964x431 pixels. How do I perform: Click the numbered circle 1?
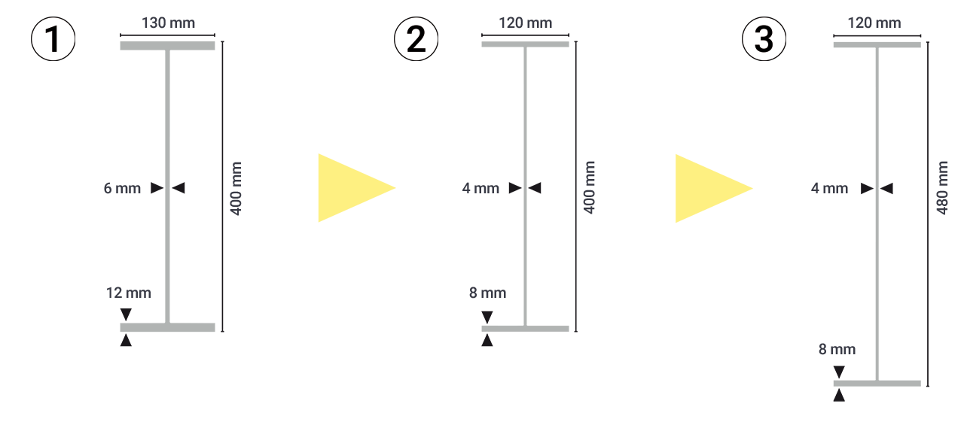pyautogui.click(x=53, y=40)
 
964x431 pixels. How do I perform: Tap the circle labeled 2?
pyautogui.click(x=416, y=40)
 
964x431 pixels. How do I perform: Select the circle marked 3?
pyautogui.click(x=764, y=40)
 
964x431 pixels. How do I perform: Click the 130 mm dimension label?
pyautogui.click(x=168, y=23)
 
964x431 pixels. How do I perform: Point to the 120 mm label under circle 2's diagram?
pyautogui.click(x=526, y=23)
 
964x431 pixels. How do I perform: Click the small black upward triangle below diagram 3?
pyautogui.click(x=838, y=395)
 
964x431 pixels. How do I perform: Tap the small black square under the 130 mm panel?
pyautogui.click(x=126, y=314)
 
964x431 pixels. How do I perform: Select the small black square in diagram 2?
pyautogui.click(x=487, y=317)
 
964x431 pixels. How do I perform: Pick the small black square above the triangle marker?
pyautogui.click(x=838, y=372)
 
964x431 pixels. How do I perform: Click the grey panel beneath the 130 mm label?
pyautogui.click(x=167, y=105)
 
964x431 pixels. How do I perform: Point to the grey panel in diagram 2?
pyautogui.click(x=525, y=105)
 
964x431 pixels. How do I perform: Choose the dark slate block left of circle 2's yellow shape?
pyautogui.click(x=273, y=286)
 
